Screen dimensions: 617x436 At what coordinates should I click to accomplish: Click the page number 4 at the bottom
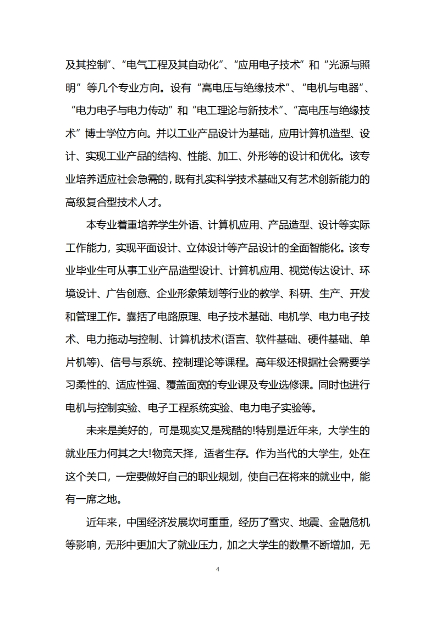click(x=218, y=568)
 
